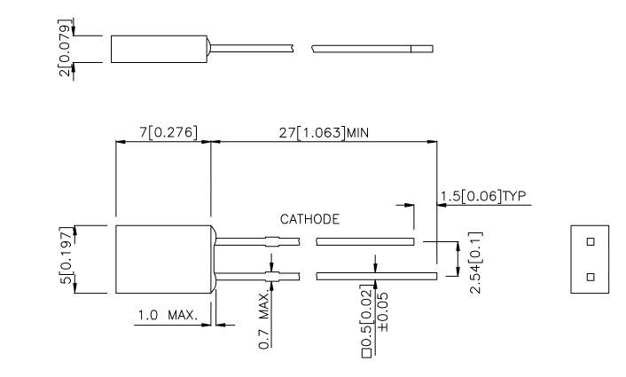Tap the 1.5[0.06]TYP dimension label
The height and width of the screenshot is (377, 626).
(484, 196)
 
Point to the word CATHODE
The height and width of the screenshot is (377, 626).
(310, 218)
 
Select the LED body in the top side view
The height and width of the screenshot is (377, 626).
(156, 48)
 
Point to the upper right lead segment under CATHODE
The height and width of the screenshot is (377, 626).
(364, 240)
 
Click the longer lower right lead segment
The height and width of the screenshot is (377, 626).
(376, 276)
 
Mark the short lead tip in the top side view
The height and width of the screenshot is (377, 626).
(424, 48)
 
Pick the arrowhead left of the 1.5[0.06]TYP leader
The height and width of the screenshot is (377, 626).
(410, 205)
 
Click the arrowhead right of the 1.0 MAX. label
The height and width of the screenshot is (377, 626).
(221, 325)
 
